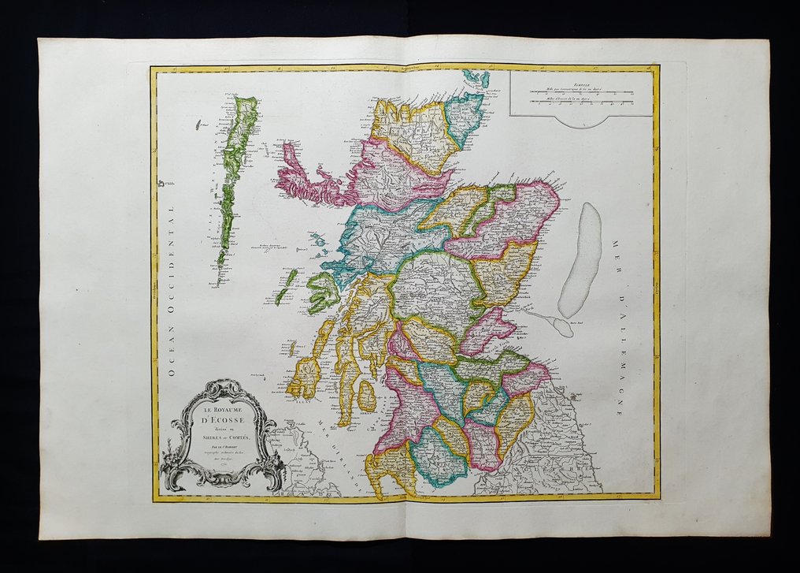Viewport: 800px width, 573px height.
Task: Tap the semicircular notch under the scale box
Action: point(580,122)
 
